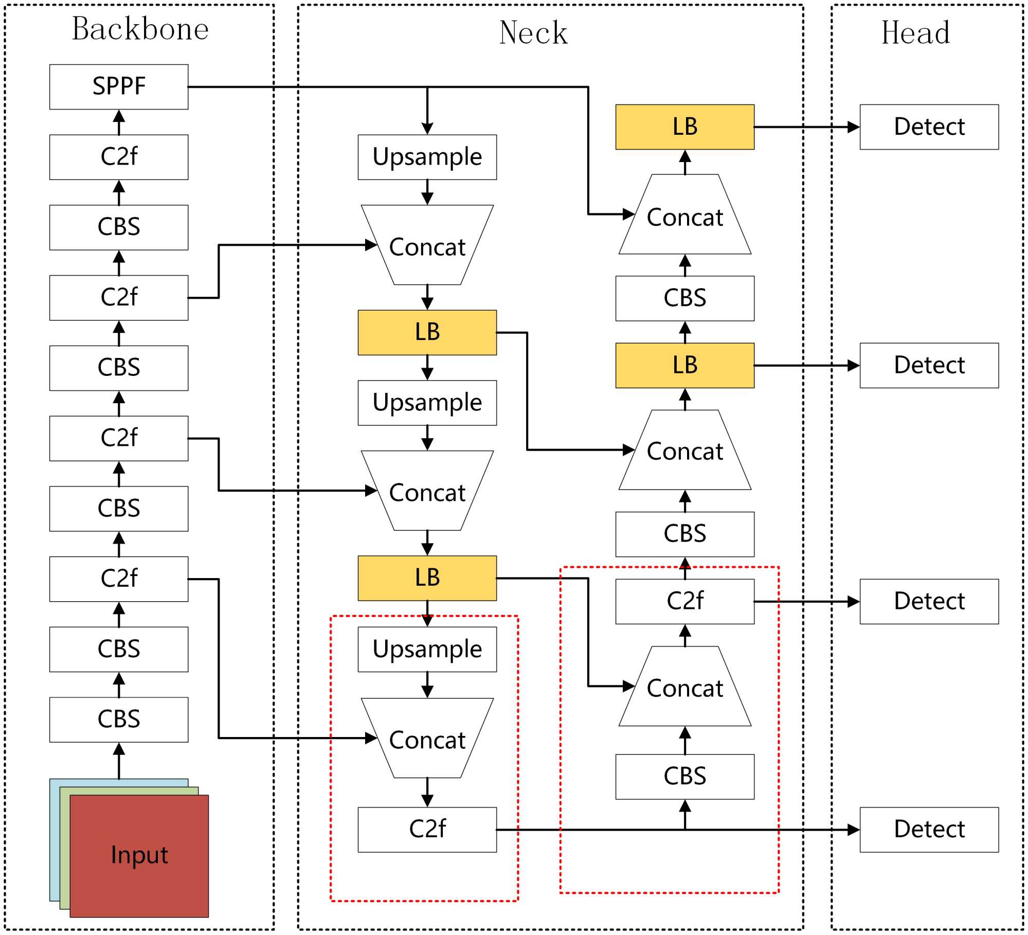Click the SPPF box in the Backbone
(119, 86)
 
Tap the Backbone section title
(140, 29)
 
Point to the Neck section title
(533, 33)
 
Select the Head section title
(915, 33)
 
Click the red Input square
(139, 856)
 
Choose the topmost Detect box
(929, 127)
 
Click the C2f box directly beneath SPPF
(119, 157)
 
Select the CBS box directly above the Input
(119, 719)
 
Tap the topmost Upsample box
(427, 157)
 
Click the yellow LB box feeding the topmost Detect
(684, 127)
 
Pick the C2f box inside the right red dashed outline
(684, 601)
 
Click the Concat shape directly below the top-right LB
(684, 216)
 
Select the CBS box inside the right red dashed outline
(684, 776)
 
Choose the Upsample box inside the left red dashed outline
(427, 649)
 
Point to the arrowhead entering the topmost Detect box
(853, 127)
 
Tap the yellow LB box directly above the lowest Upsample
(427, 578)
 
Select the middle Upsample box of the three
(427, 403)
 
